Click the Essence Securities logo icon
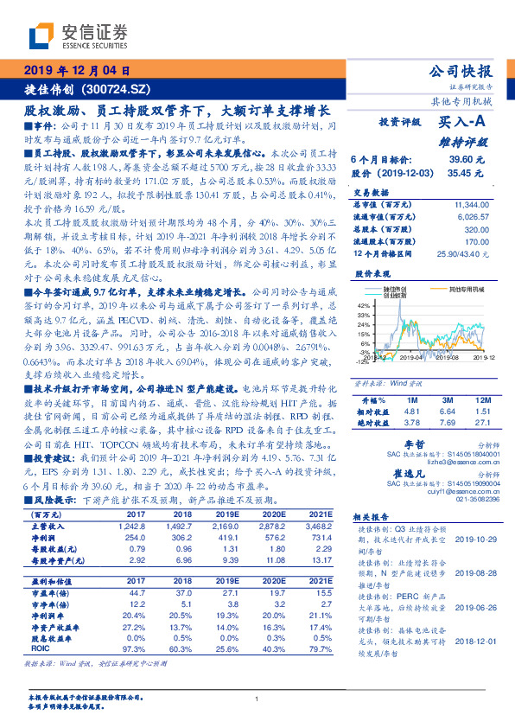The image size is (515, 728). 41,34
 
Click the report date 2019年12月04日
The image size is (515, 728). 75,70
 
